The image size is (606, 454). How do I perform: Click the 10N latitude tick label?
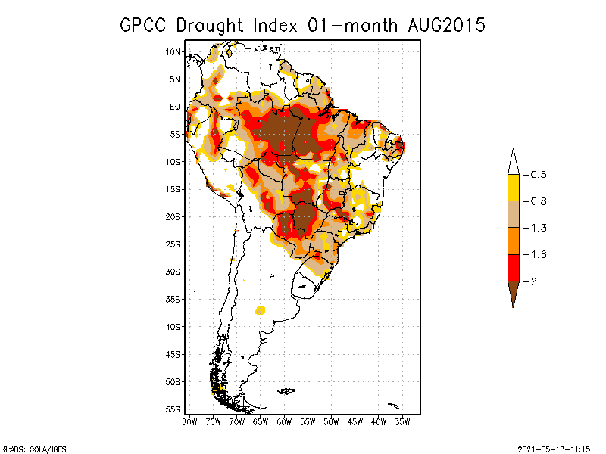click(x=173, y=51)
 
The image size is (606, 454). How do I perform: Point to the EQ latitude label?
click(x=175, y=107)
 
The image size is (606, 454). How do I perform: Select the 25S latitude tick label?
click(x=173, y=244)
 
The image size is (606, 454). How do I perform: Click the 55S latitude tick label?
click(x=173, y=409)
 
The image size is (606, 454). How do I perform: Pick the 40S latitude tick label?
click(x=173, y=326)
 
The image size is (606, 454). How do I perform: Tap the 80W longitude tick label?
click(x=189, y=421)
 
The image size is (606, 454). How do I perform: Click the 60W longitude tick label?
click(x=284, y=421)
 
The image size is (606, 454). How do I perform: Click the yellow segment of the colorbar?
click(x=513, y=188)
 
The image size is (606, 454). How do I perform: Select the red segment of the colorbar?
click(x=513, y=267)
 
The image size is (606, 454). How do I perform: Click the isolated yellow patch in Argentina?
click(x=261, y=309)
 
